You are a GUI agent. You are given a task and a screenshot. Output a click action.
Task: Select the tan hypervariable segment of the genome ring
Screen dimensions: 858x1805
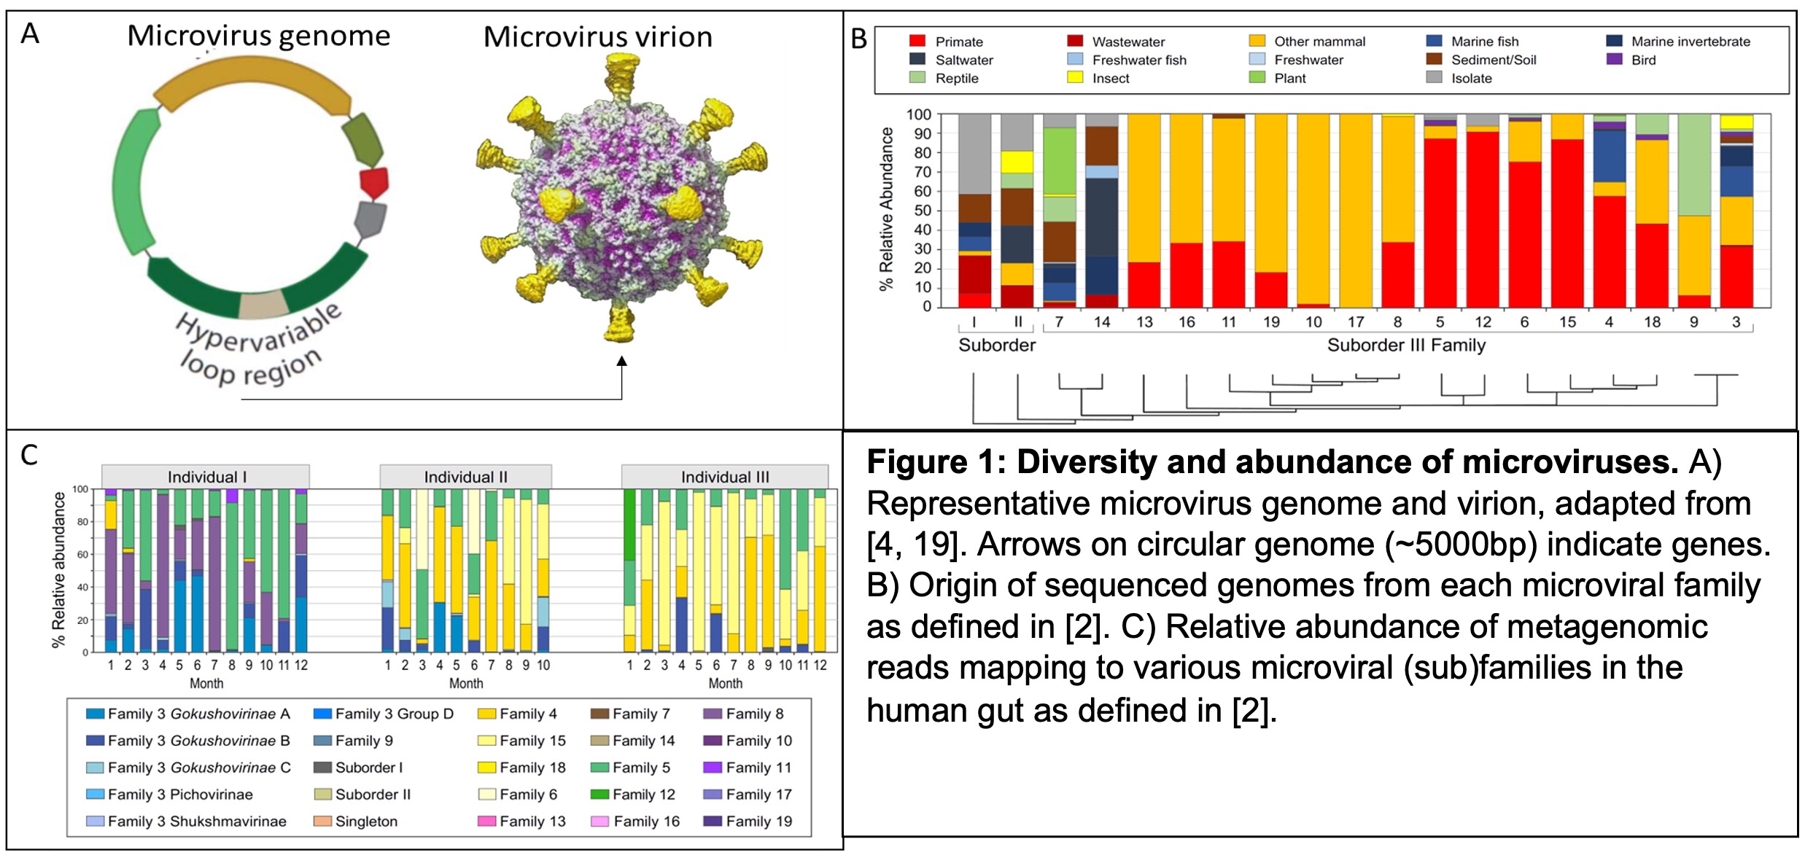click(x=263, y=305)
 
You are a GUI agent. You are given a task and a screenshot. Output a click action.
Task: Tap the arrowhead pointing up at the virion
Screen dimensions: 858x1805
click(x=621, y=362)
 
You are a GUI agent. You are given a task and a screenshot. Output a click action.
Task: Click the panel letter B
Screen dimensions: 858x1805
click(x=859, y=39)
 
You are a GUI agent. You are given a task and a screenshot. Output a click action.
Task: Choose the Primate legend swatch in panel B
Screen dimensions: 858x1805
click(x=917, y=42)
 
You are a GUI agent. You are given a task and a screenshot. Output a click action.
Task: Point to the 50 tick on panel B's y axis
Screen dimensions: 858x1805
click(x=923, y=211)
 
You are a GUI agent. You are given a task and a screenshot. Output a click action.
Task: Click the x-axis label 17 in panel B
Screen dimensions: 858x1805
click(x=1356, y=322)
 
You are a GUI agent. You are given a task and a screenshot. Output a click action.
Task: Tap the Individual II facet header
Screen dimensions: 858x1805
click(x=465, y=477)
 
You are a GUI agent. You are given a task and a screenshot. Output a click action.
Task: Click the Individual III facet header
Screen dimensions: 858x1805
click(x=725, y=477)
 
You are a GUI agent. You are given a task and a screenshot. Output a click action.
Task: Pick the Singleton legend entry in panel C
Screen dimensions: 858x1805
click(x=365, y=822)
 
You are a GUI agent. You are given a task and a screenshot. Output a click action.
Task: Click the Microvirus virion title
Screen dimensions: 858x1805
click(x=598, y=36)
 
